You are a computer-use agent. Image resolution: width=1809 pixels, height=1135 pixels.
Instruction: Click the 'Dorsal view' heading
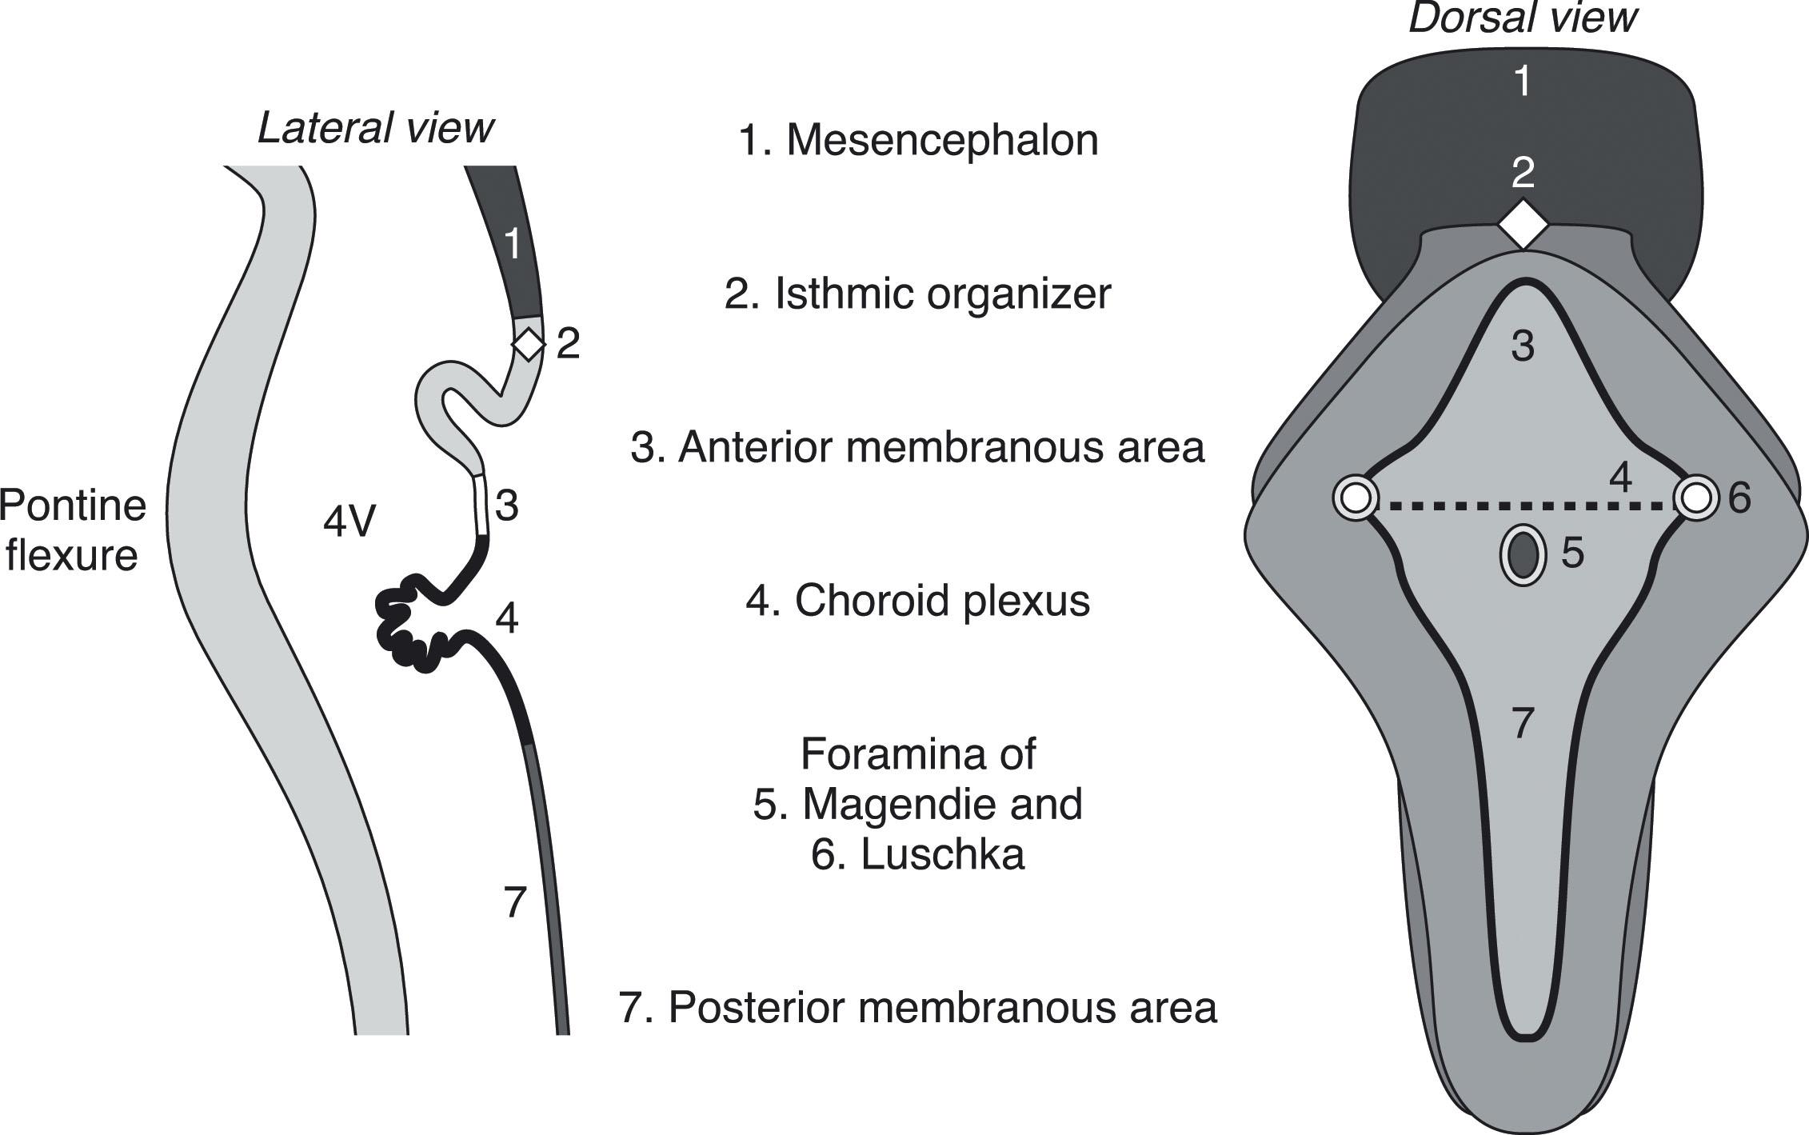(1522, 18)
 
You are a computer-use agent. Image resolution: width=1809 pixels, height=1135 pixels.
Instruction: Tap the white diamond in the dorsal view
(1523, 225)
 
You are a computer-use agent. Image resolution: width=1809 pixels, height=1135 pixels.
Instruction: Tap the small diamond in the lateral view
(528, 345)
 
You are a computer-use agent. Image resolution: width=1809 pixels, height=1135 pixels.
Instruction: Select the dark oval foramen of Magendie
(1522, 555)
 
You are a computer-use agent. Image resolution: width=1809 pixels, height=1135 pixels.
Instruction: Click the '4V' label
(349, 523)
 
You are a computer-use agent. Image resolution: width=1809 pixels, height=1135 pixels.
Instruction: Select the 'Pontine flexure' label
(72, 530)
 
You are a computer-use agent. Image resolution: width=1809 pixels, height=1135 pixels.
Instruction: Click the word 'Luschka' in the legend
(941, 855)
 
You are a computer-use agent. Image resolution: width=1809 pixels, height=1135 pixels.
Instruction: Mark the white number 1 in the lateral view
(513, 243)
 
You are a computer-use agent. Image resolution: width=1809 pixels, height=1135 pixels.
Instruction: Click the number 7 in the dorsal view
(1522, 723)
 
